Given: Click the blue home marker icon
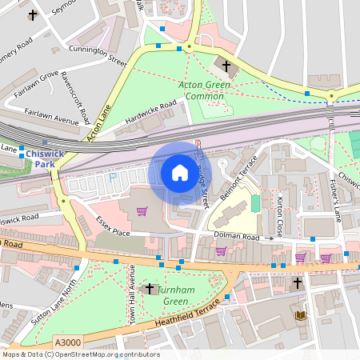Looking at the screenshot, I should [179, 173].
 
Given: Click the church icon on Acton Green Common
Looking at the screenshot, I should [226, 66].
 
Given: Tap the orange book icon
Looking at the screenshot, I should [301, 316].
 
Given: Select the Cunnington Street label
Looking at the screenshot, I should [98, 55].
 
